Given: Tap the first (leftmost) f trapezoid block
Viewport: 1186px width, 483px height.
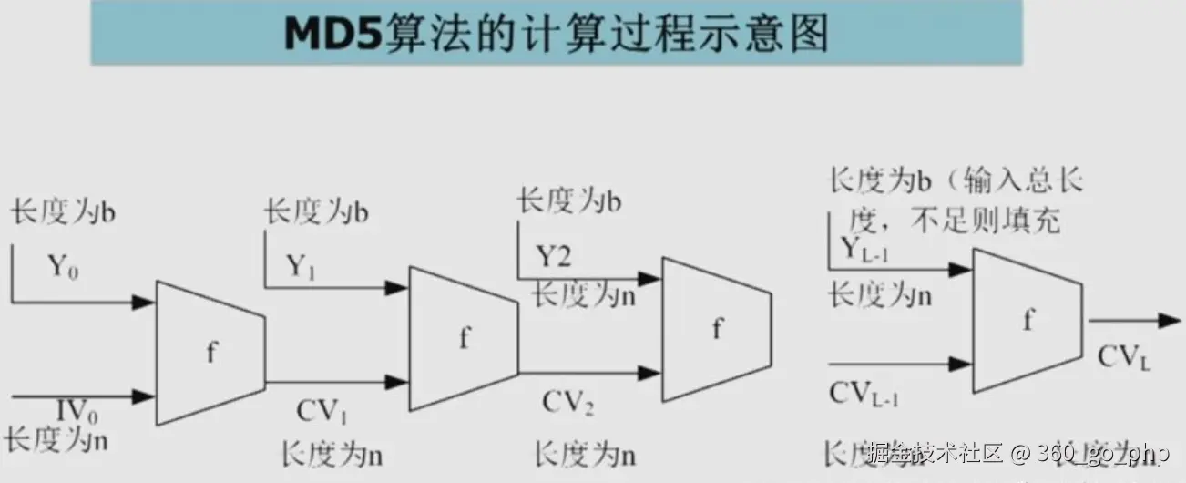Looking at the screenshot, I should click(210, 352).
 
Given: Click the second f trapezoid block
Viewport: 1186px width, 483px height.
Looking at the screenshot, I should click(464, 338).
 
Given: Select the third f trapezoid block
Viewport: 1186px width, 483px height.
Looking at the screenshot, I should click(716, 329).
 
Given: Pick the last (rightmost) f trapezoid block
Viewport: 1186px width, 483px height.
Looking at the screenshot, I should click(1028, 320).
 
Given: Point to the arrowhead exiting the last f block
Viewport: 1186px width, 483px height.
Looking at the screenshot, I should click(1170, 321).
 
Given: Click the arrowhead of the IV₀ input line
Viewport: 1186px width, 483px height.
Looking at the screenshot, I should click(145, 396).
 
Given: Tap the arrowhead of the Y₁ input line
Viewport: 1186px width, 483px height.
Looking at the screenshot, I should click(395, 288).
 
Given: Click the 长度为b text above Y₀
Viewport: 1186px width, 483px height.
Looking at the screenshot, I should click(64, 215).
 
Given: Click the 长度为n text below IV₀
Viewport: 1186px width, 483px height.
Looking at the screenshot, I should click(56, 441).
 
